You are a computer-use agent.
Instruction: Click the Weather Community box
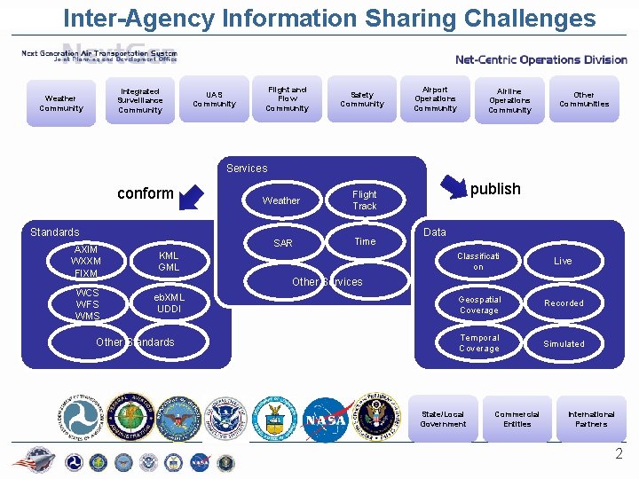point(60,104)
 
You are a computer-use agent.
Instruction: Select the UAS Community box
point(214,99)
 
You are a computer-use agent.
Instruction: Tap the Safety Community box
point(362,99)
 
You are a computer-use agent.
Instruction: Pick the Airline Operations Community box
point(509,100)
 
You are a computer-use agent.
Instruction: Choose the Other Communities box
point(584,99)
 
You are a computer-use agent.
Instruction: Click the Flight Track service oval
point(365,200)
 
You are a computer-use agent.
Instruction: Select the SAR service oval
point(283,243)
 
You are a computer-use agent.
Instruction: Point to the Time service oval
point(365,241)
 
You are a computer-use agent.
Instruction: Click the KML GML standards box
point(169,262)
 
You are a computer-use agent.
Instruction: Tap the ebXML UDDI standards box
point(169,303)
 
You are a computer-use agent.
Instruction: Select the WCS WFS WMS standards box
point(87,304)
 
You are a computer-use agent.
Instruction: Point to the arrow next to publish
point(454,188)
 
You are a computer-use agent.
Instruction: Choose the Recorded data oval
point(564,303)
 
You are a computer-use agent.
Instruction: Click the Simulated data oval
point(564,344)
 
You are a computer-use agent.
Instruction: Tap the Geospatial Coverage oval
point(479,304)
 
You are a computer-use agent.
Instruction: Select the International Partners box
point(591,419)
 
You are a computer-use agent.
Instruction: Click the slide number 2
point(619,454)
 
